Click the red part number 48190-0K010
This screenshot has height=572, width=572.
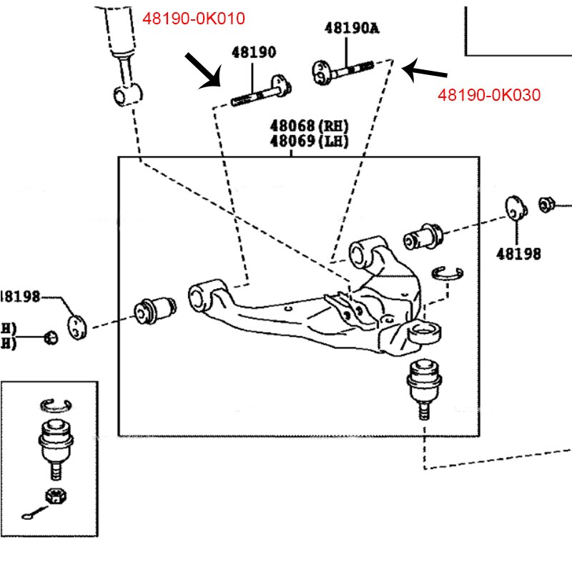pos(194,19)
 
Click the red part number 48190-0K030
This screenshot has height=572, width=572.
pos(489,94)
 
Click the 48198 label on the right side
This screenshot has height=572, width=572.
pos(520,253)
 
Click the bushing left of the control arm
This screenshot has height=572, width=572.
pos(156,310)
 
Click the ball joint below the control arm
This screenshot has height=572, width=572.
pos(421,386)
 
